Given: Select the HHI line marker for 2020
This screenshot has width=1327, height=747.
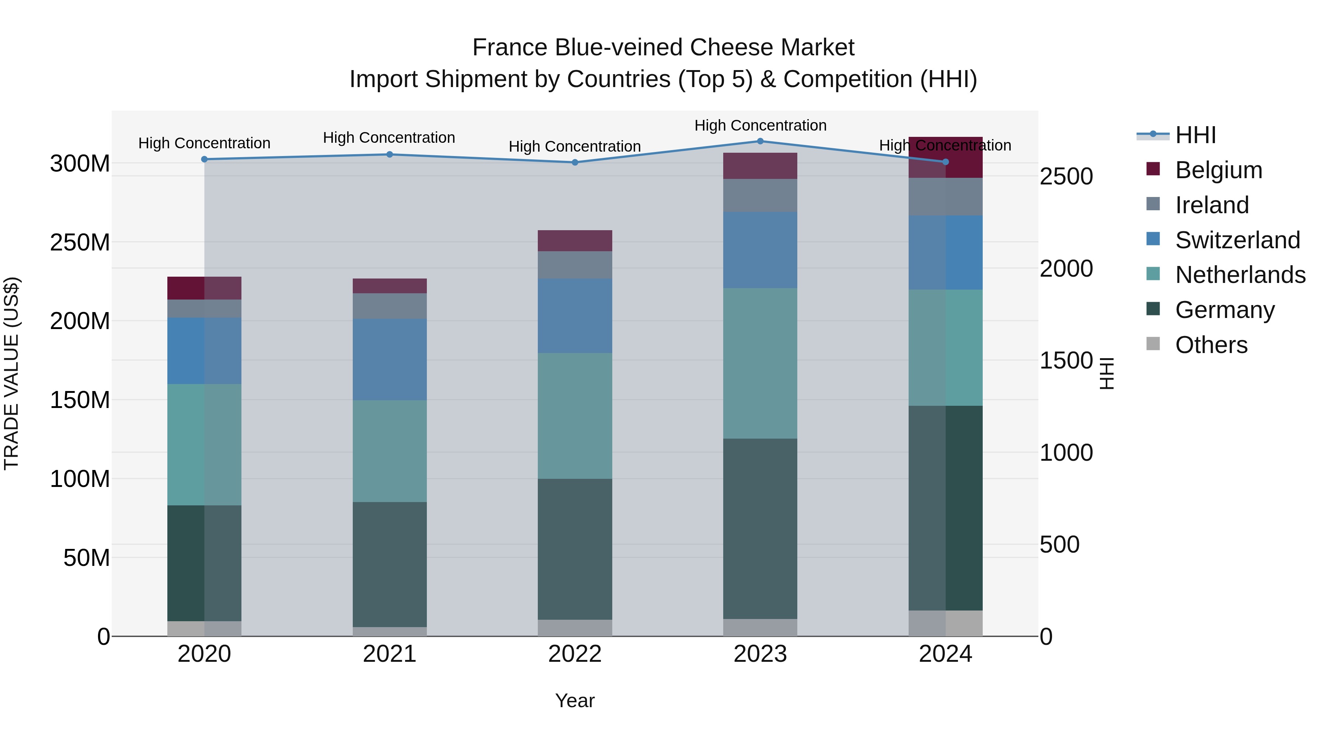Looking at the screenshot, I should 205,159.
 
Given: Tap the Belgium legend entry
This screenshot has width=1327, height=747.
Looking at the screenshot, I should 1218,170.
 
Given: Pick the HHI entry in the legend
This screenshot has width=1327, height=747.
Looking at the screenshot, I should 1195,135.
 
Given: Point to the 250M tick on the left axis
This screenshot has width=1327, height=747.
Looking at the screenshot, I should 80,242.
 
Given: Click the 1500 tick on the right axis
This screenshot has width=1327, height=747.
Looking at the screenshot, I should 1066,360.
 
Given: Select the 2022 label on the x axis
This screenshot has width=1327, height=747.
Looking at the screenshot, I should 575,654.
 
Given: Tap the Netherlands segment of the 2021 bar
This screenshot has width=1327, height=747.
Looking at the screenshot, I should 390,451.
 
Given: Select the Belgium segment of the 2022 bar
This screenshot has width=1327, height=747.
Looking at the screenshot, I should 575,241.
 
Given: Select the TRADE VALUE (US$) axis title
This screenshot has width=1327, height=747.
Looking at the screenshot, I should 11,373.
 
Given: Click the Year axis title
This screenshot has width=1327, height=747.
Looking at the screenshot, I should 575,701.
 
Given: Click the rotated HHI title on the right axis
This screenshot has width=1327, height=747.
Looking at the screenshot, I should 1107,373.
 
